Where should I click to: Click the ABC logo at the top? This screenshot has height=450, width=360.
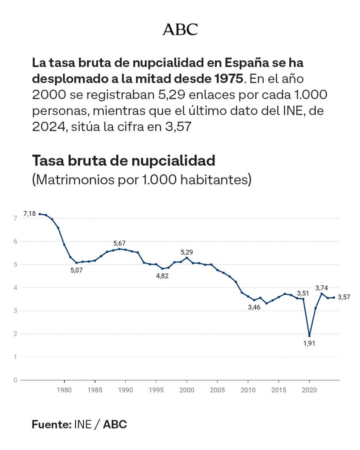pyautogui.click(x=180, y=29)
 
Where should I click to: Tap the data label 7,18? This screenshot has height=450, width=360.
pyautogui.click(x=29, y=214)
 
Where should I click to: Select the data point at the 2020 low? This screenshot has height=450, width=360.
pyautogui.click(x=309, y=336)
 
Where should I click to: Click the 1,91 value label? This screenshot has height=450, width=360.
pyautogui.click(x=309, y=343)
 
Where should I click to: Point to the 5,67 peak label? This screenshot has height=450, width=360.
pyautogui.click(x=120, y=243)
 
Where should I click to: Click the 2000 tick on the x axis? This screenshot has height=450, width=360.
pyautogui.click(x=187, y=390)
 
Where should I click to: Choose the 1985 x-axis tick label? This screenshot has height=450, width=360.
pyautogui.click(x=95, y=390)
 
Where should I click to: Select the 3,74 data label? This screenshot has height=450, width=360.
pyautogui.click(x=321, y=288)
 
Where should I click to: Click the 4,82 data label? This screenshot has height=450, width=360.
pyautogui.click(x=162, y=276)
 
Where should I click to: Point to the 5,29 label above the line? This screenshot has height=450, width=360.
pyautogui.click(x=187, y=252)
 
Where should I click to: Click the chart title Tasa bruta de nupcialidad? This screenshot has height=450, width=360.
pyautogui.click(x=124, y=161)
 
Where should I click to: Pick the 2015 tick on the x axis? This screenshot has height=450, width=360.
pyautogui.click(x=279, y=390)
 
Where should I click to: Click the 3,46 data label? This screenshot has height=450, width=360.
pyautogui.click(x=254, y=307)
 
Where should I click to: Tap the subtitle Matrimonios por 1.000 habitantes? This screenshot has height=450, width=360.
pyautogui.click(x=142, y=180)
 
